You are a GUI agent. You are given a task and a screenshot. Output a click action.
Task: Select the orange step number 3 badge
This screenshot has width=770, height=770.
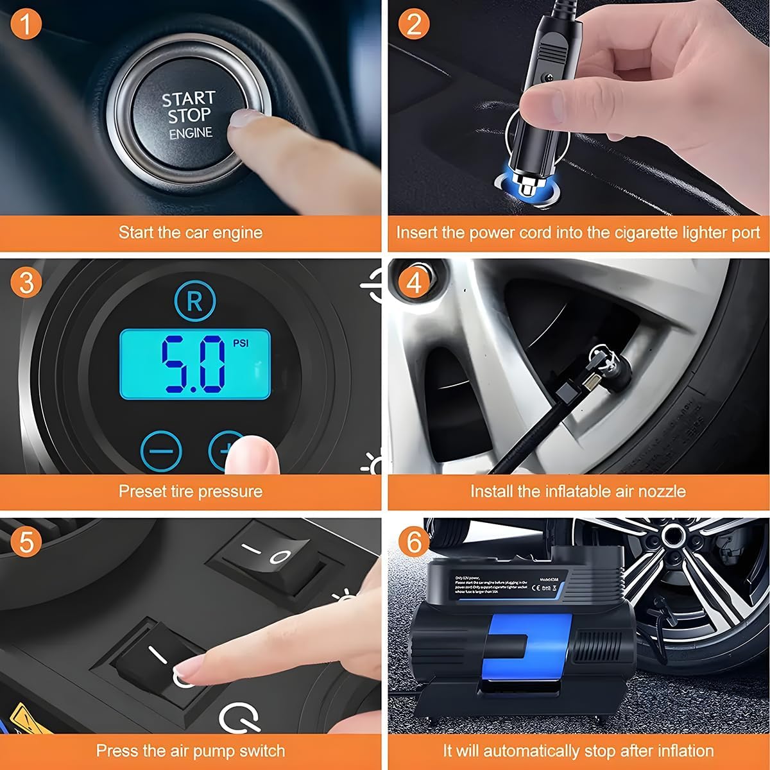pyautogui.click(x=26, y=282)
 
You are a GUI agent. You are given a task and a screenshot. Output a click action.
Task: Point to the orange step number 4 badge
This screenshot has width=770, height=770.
pyautogui.click(x=414, y=282)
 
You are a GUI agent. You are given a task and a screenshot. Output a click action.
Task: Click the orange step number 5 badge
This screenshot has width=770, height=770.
pyautogui.click(x=26, y=542)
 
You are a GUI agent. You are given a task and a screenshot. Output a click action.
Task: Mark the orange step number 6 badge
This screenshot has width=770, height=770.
pyautogui.click(x=414, y=542)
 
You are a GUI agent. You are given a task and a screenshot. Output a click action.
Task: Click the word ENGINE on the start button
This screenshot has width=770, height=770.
pyautogui.click(x=191, y=133)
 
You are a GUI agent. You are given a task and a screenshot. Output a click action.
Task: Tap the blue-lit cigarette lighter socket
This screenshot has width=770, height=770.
pyautogui.click(x=524, y=187)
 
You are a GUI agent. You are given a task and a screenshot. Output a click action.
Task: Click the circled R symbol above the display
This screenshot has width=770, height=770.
pyautogui.click(x=195, y=301)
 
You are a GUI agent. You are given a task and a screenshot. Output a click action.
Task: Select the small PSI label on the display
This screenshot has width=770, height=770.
pyautogui.click(x=241, y=343)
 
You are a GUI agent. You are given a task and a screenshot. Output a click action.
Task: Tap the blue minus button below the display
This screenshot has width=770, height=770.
pyautogui.click(x=161, y=451)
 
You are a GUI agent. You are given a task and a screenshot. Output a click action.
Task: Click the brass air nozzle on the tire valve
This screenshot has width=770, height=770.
pyautogui.click(x=590, y=382)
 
